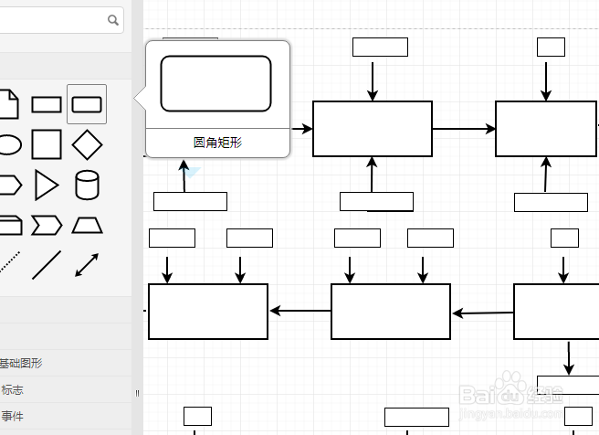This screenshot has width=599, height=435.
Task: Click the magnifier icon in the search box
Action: click(114, 19)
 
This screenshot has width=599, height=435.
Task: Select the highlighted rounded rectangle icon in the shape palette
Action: click(87, 104)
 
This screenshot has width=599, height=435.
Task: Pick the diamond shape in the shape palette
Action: click(87, 144)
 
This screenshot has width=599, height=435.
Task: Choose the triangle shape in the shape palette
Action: click(46, 185)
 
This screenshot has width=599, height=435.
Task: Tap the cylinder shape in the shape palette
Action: click(87, 185)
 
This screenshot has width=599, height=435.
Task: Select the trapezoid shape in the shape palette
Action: click(87, 225)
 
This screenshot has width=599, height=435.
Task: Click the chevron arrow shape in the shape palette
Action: click(47, 225)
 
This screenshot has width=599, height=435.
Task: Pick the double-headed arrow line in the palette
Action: click(87, 265)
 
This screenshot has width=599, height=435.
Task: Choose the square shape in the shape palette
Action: click(47, 144)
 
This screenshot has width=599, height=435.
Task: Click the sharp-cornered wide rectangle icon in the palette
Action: click(47, 104)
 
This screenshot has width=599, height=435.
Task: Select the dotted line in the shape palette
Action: click(8, 265)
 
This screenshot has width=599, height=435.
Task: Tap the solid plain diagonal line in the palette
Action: click(47, 265)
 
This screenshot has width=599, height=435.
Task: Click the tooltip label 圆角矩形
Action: click(217, 143)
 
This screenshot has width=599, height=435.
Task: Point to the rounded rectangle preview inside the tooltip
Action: click(216, 84)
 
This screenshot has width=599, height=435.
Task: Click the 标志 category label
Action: click(13, 389)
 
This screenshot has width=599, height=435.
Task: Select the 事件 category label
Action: click(13, 416)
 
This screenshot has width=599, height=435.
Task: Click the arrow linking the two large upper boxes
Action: click(463, 129)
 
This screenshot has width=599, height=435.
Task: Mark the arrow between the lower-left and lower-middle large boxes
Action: click(299, 312)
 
